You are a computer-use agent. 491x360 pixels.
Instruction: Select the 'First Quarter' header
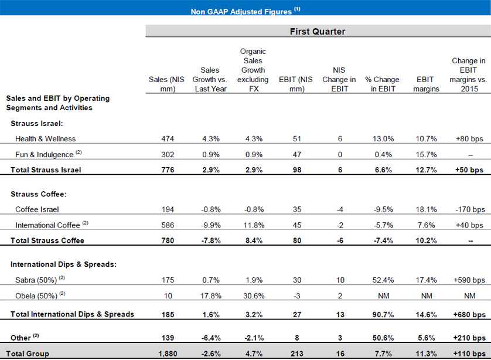(x=318, y=32)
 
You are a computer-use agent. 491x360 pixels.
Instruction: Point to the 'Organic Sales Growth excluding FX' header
(x=254, y=70)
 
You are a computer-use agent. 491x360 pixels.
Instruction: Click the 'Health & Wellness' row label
(x=46, y=139)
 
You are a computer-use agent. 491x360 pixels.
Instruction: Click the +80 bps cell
(x=467, y=139)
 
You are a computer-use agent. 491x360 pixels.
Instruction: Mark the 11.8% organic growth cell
(x=254, y=225)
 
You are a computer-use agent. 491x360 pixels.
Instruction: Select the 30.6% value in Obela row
(x=254, y=295)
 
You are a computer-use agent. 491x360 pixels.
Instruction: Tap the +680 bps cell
(x=467, y=314)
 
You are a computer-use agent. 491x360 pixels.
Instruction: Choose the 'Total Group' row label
(x=28, y=354)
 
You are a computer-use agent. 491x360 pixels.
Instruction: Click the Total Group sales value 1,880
(x=168, y=354)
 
